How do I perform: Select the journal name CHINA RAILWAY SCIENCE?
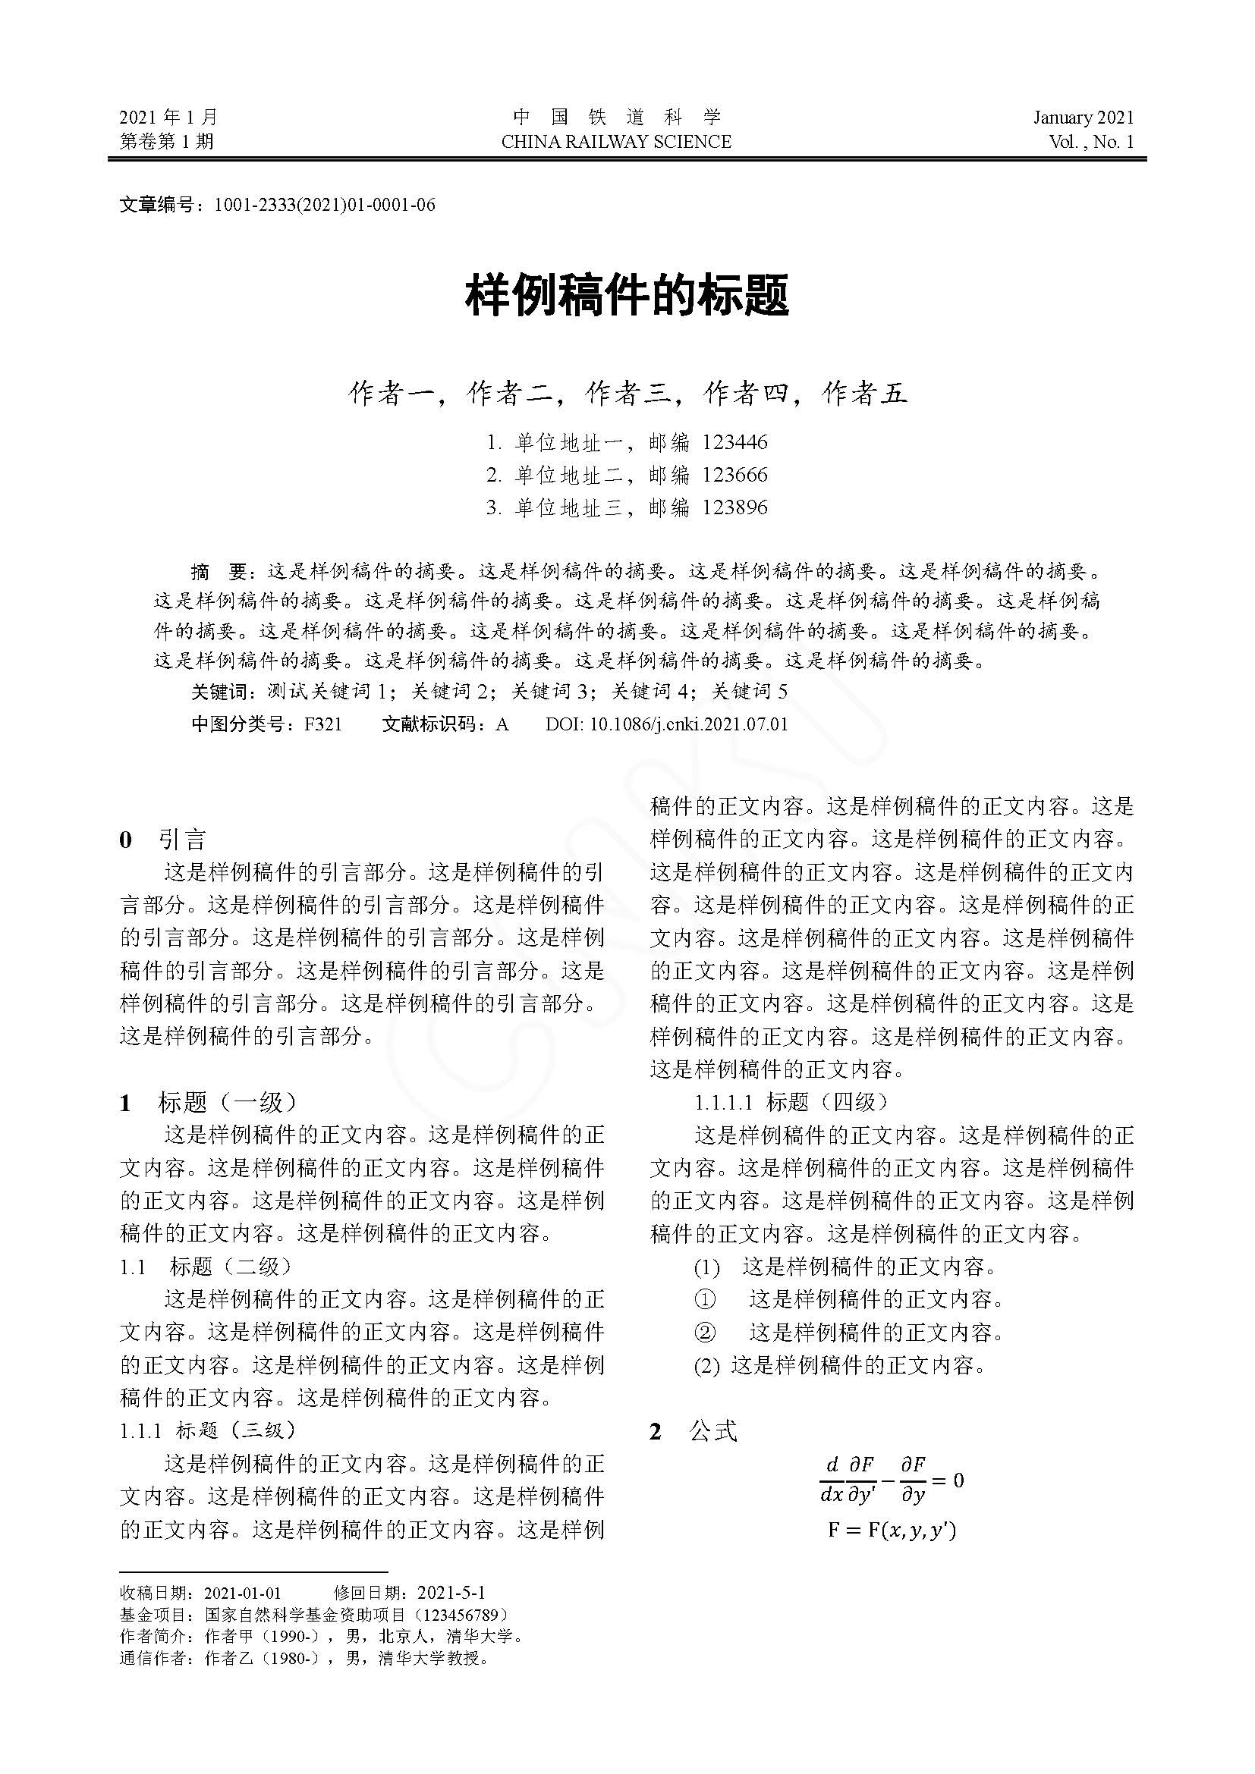point(616,142)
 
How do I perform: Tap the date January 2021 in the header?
point(1084,118)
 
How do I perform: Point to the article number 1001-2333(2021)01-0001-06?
point(325,205)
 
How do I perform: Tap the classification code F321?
point(323,724)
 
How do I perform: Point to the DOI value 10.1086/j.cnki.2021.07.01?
point(688,724)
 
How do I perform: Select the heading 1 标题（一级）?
point(208,1102)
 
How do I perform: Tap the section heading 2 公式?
point(694,1431)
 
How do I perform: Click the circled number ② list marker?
point(705,1332)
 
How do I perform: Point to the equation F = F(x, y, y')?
point(892,1530)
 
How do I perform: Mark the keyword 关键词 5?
point(749,692)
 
